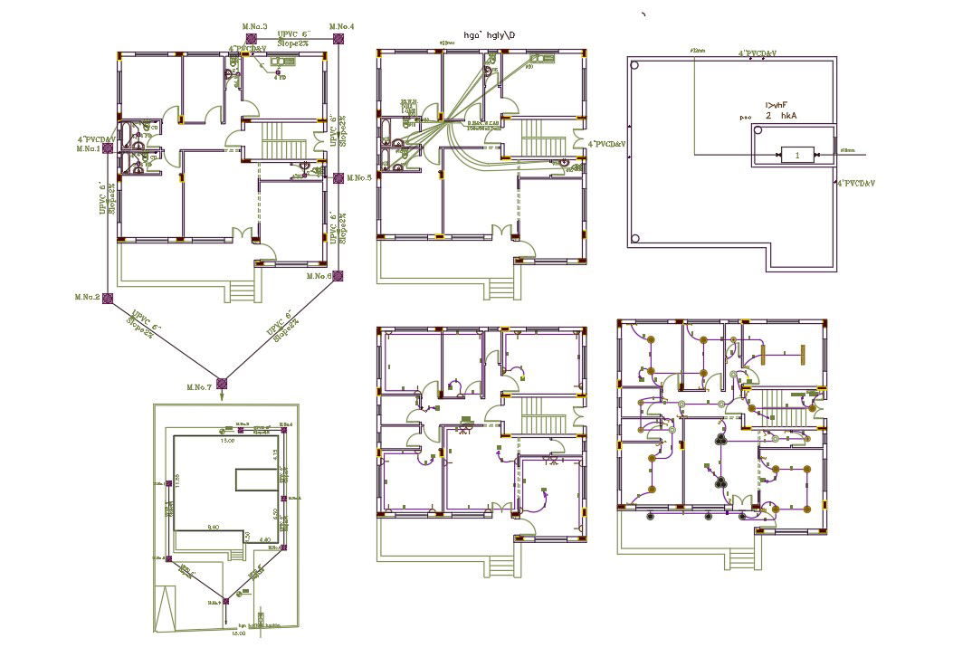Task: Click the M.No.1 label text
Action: click(x=88, y=148)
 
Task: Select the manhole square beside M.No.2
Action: click(x=108, y=297)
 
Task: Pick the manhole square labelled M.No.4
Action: click(x=338, y=38)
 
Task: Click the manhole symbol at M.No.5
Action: click(x=338, y=177)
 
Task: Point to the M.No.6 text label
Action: click(x=319, y=275)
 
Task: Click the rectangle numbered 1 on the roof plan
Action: click(x=796, y=156)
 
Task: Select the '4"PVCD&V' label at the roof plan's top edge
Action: click(x=758, y=54)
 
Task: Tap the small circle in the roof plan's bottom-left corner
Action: click(x=635, y=239)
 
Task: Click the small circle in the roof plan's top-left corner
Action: click(x=635, y=66)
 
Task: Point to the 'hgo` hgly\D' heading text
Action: click(x=489, y=35)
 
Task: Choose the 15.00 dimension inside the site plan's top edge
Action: click(x=229, y=442)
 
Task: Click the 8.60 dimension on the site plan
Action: click(x=214, y=526)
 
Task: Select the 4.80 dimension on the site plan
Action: click(x=264, y=539)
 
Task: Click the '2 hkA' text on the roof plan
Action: click(x=781, y=116)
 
